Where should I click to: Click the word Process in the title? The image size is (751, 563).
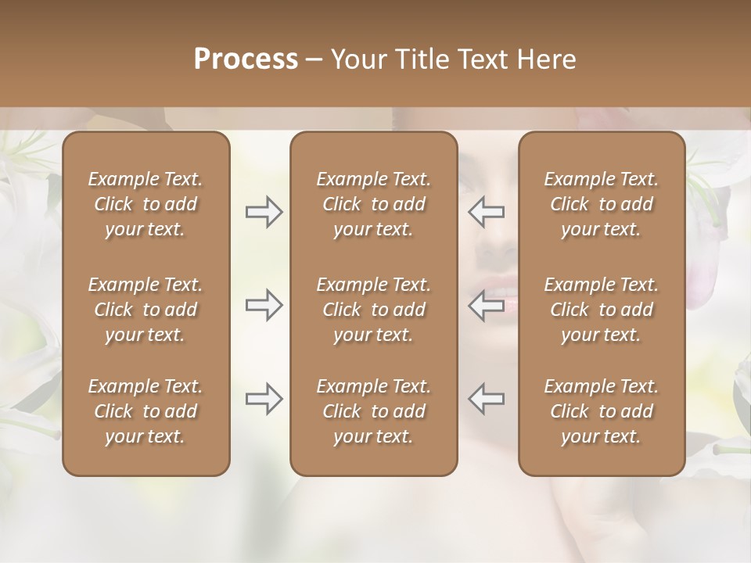(x=246, y=59)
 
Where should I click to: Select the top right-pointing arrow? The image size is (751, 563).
(x=264, y=212)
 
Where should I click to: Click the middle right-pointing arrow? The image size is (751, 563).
(x=264, y=305)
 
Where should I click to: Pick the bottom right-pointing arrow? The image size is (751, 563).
(x=264, y=399)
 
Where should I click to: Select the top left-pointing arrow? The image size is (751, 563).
(x=487, y=212)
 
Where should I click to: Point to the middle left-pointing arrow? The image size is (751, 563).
(x=487, y=305)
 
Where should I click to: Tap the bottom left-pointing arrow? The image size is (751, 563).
(x=487, y=399)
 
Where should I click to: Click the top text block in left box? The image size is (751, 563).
(x=146, y=204)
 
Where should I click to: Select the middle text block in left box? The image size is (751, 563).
(x=146, y=310)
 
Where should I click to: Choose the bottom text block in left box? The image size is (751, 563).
(x=146, y=411)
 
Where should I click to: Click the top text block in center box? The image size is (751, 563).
(x=374, y=204)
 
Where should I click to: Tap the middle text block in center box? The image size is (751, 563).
(x=374, y=310)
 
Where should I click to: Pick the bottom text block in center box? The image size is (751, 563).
(x=374, y=411)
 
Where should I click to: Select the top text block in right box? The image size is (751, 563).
(x=602, y=204)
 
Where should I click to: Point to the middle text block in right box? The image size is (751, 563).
(x=602, y=310)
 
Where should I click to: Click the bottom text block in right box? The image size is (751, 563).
(x=602, y=411)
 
